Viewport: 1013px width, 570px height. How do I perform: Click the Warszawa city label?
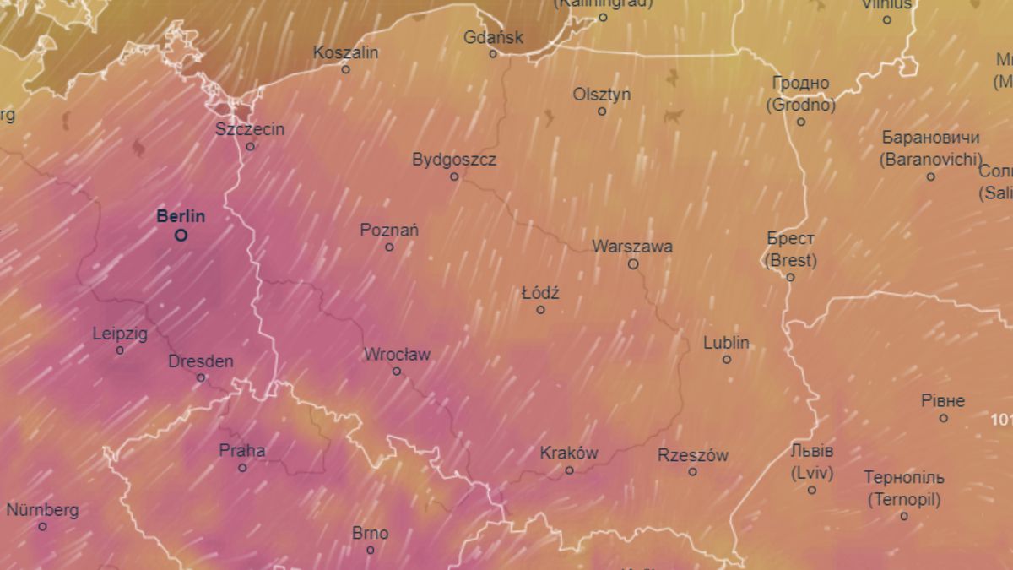pyautogui.click(x=632, y=247)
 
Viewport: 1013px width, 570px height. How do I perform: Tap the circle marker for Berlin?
pyautogui.click(x=181, y=236)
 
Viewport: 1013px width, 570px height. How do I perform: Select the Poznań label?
pyautogui.click(x=389, y=230)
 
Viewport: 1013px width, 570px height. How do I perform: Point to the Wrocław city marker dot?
pyautogui.click(x=397, y=372)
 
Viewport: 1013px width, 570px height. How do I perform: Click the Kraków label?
pyautogui.click(x=569, y=453)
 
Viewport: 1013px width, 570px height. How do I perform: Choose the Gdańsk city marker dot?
pyautogui.click(x=494, y=54)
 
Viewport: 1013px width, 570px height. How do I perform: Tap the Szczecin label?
pyautogui.click(x=250, y=129)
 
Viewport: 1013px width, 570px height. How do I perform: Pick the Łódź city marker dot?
pyautogui.click(x=541, y=310)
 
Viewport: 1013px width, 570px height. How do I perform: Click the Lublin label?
pyautogui.click(x=726, y=343)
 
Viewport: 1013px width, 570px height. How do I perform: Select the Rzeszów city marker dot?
pyautogui.click(x=693, y=472)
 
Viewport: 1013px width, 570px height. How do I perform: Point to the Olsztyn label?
pyautogui.click(x=602, y=94)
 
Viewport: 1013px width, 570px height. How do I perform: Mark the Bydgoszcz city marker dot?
pyautogui.click(x=454, y=177)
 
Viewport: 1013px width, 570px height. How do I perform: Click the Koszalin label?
pyautogui.click(x=346, y=52)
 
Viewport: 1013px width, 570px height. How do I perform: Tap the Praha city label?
pyautogui.click(x=242, y=450)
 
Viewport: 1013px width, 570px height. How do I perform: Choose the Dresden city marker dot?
pyautogui.click(x=201, y=377)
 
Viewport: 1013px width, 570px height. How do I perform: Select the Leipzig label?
pyautogui.click(x=120, y=334)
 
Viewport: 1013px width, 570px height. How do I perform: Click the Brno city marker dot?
pyautogui.click(x=371, y=551)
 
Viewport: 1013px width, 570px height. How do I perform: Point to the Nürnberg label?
pyautogui.click(x=42, y=510)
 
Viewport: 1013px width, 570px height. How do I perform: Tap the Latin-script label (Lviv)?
pyautogui.click(x=812, y=474)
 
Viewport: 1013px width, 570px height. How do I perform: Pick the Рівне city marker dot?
pyautogui.click(x=944, y=418)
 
